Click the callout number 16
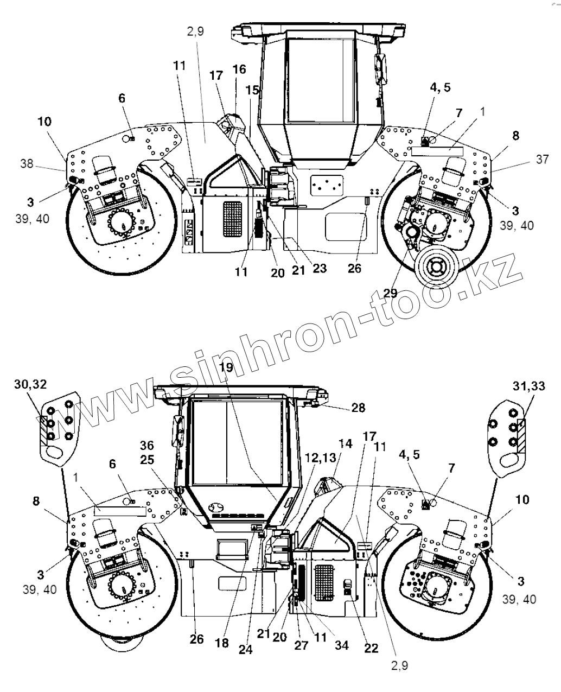click(239, 69)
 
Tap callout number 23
click(320, 268)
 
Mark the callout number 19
click(227, 367)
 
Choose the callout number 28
click(359, 407)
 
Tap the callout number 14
click(345, 443)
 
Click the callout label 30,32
click(30, 384)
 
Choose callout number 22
click(371, 649)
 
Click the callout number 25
click(146, 460)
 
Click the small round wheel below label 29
click(436, 267)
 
